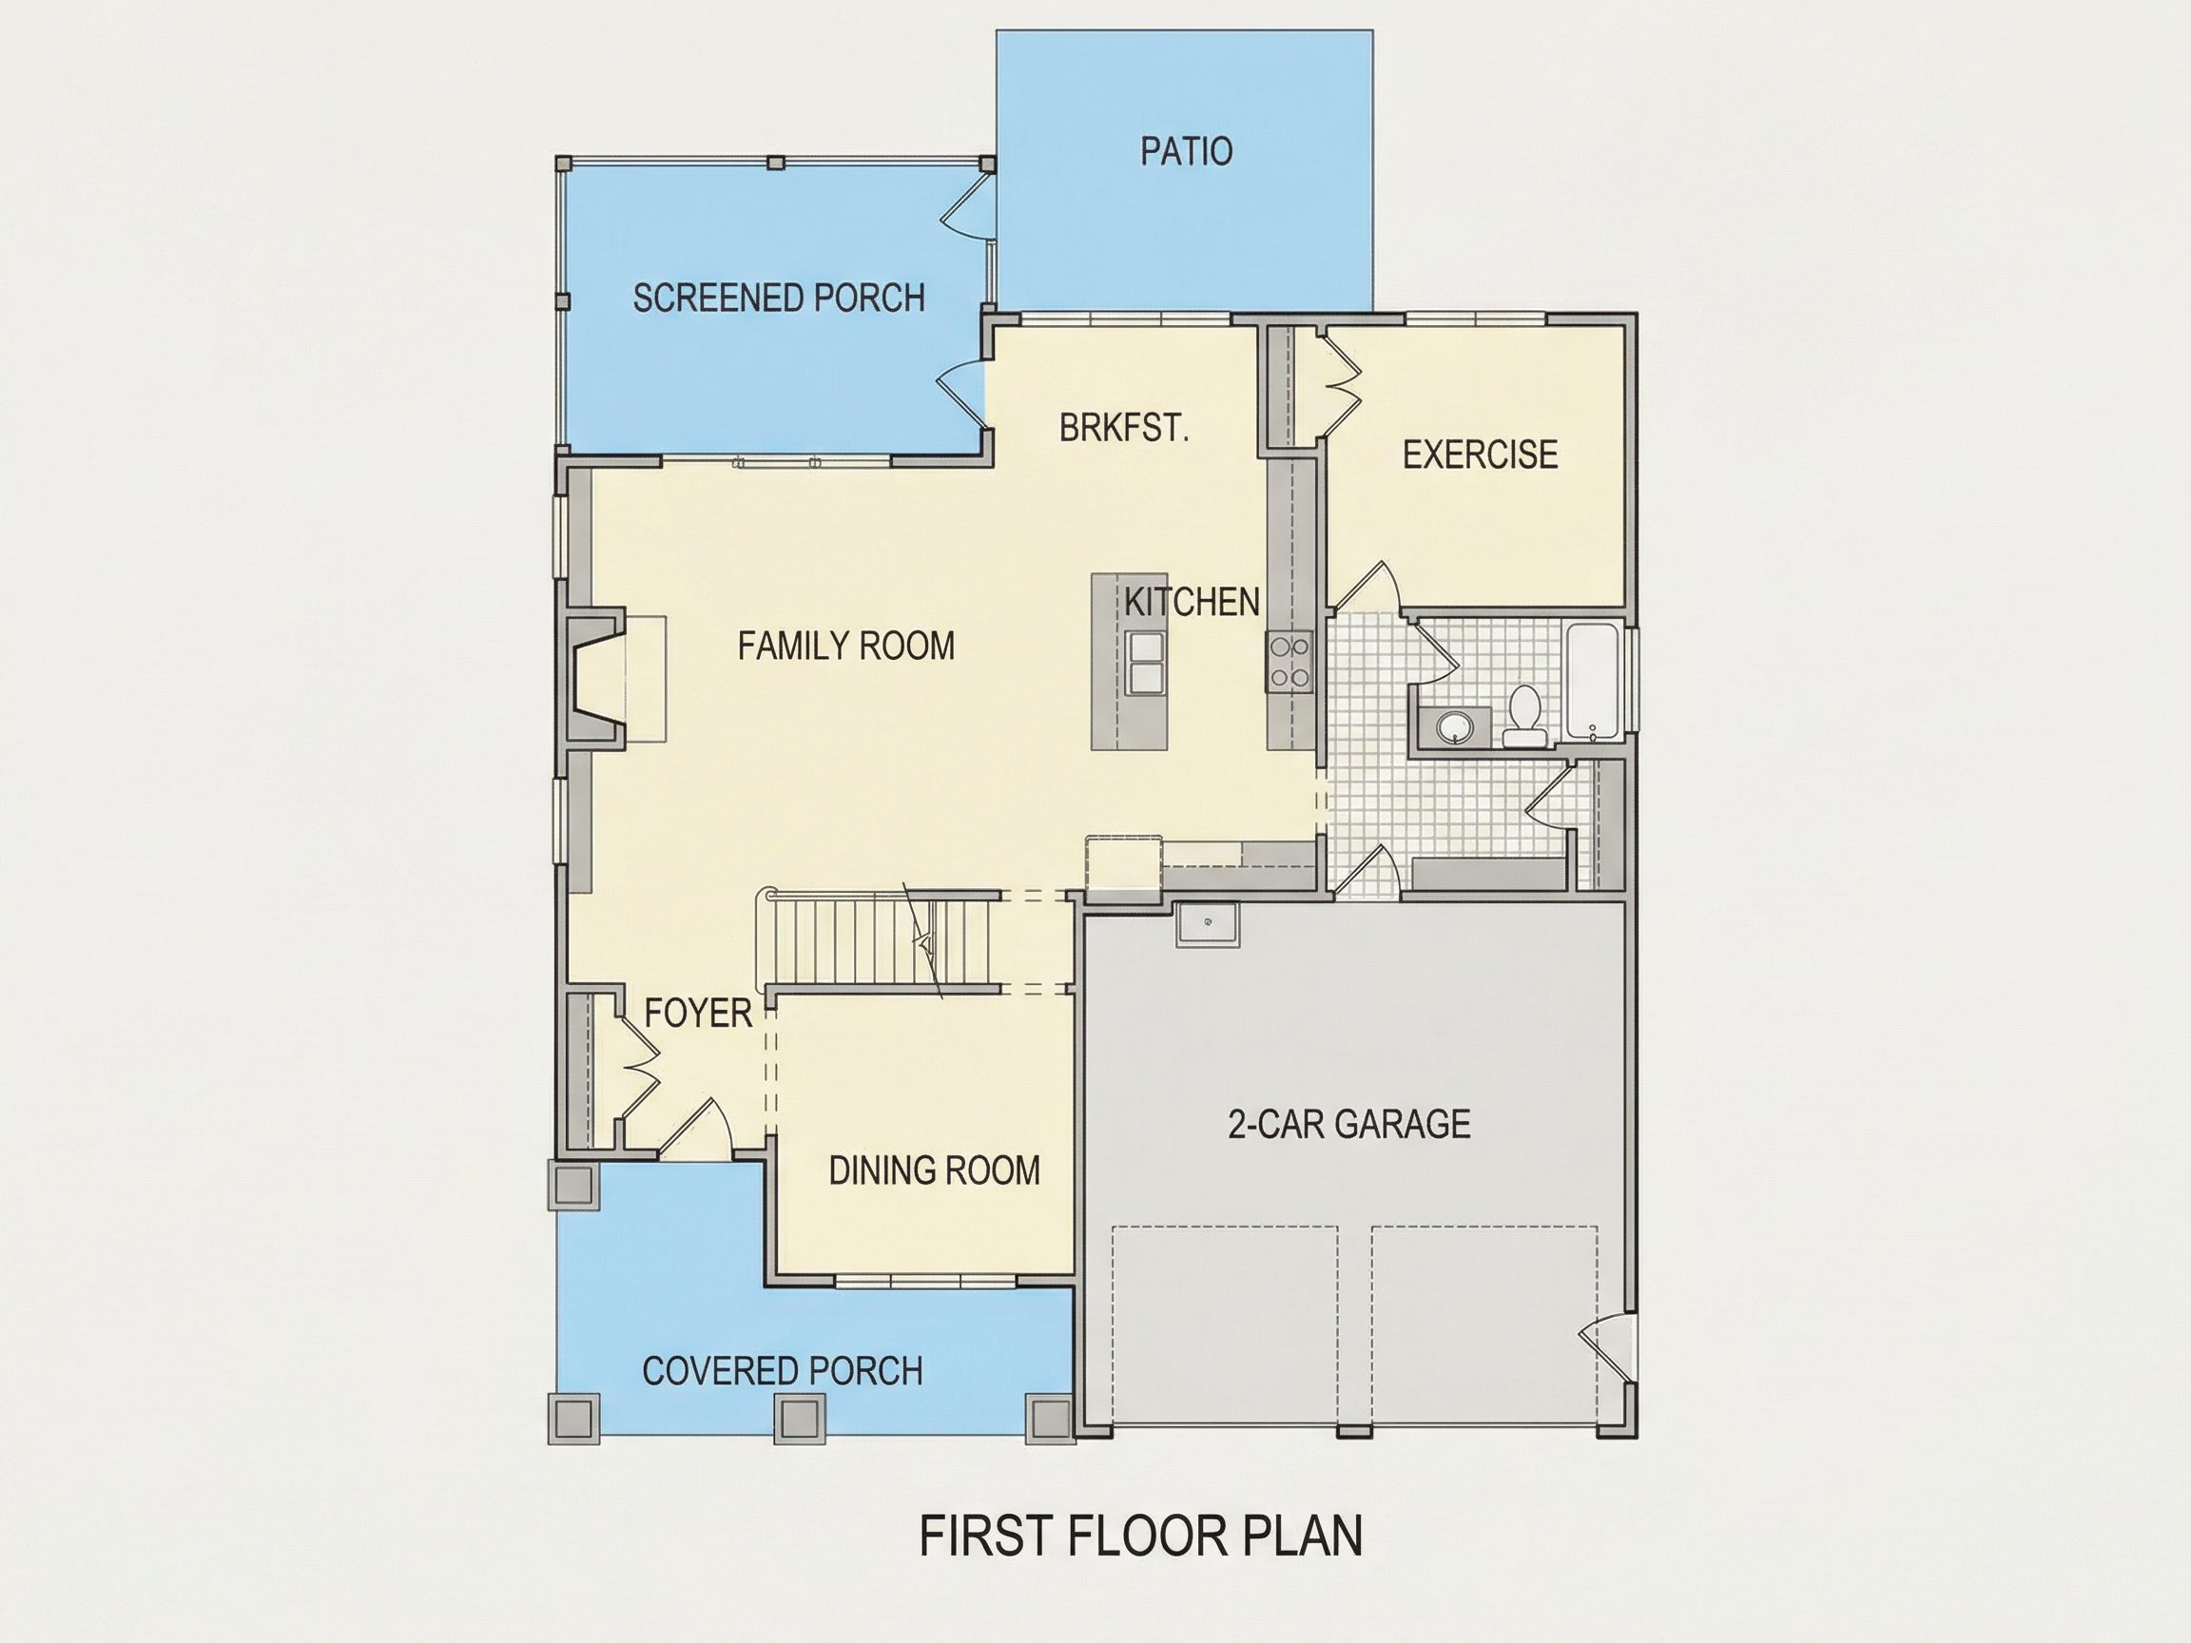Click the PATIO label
(1186, 151)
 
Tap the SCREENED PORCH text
(779, 299)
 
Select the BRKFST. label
(1123, 428)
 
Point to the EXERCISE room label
(1480, 454)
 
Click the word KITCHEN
(1192, 601)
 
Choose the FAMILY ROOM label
(846, 646)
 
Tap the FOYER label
(698, 1014)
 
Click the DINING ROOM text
(934, 1170)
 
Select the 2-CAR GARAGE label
(1349, 1124)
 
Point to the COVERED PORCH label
(783, 1371)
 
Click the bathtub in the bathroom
(1593, 682)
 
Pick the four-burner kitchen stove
(1289, 661)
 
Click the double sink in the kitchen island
(1145, 662)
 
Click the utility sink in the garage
(1208, 925)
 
